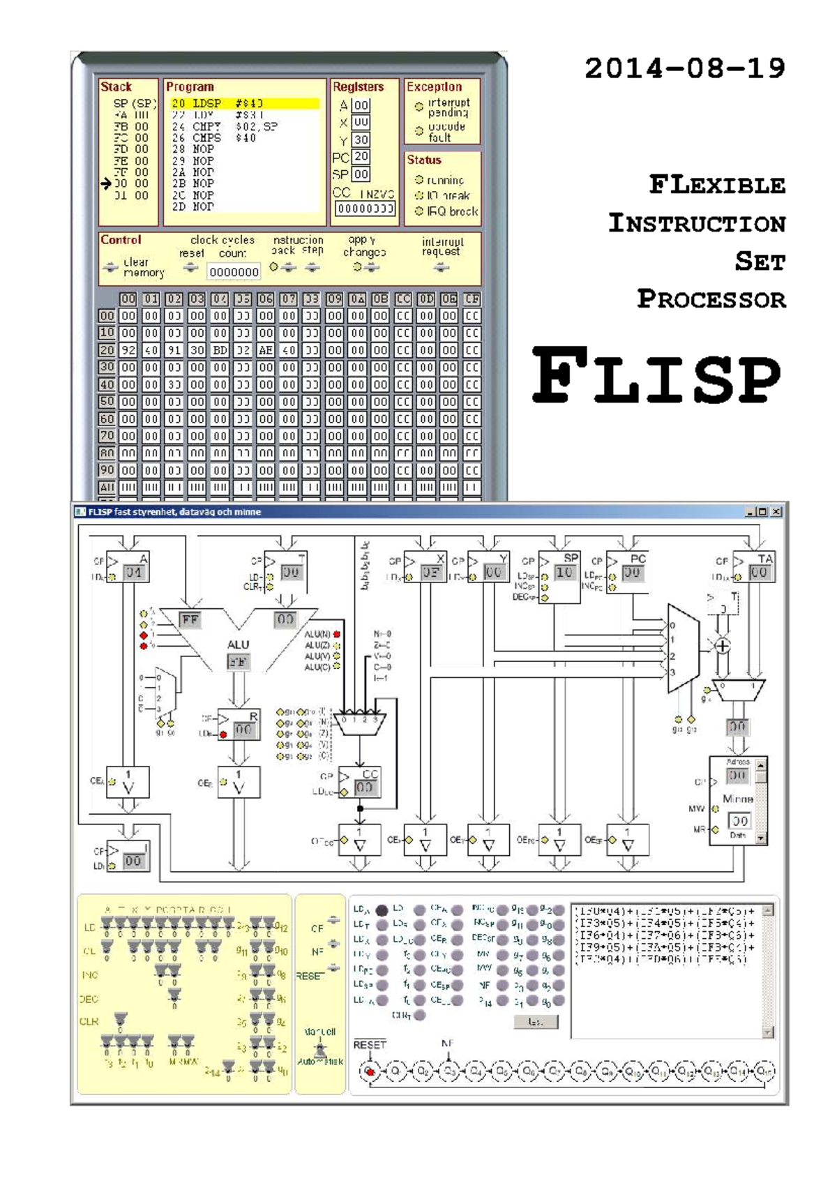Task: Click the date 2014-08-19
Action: tap(684, 68)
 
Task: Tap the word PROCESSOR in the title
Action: tap(711, 299)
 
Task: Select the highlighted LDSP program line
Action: tap(244, 103)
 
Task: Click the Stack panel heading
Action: tap(116, 87)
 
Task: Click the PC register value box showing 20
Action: tap(361, 157)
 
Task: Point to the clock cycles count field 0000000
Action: tap(234, 272)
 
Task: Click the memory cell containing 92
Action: tap(128, 350)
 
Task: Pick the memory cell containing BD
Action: tap(220, 350)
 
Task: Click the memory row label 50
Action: tap(107, 402)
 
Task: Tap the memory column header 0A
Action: tap(357, 299)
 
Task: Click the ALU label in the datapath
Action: tap(238, 645)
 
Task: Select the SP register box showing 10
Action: tap(564, 573)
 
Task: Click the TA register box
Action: tap(758, 573)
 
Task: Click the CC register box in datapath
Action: tap(364, 787)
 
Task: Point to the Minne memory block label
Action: tap(737, 799)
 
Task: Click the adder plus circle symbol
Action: tap(723, 646)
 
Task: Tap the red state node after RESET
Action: tap(370, 1071)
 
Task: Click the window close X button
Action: tap(776, 512)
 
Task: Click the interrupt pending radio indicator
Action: tap(419, 107)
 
